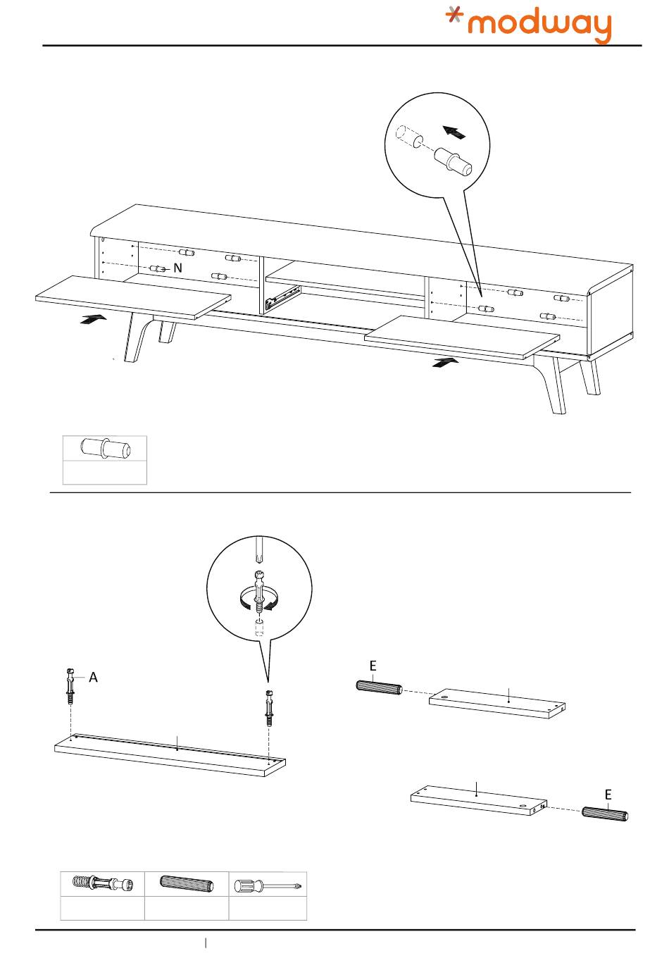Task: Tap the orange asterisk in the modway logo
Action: [x=457, y=17]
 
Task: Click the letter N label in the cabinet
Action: [x=177, y=268]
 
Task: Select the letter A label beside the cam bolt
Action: [x=93, y=678]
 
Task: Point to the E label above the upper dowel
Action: [x=373, y=666]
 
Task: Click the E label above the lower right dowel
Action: [x=608, y=795]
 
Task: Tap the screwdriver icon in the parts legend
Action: [x=268, y=884]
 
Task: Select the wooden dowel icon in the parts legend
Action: [x=187, y=884]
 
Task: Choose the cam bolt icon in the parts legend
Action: [x=103, y=884]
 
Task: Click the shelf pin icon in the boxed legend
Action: [x=104, y=448]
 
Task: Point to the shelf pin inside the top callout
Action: [x=452, y=161]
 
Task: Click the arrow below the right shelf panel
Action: [x=444, y=363]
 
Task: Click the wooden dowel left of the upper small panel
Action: [x=379, y=687]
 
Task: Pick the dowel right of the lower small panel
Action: [x=605, y=813]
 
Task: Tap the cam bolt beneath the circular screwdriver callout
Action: [x=268, y=709]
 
